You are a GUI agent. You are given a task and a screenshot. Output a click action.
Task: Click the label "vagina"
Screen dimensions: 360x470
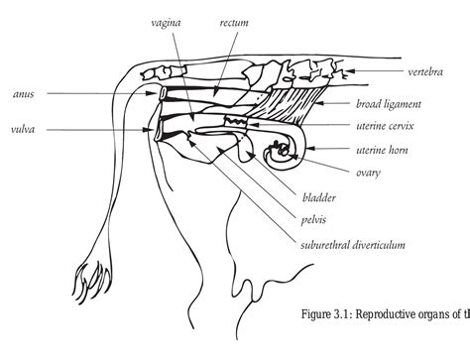167,20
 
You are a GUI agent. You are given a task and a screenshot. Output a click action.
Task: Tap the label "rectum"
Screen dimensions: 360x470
235,20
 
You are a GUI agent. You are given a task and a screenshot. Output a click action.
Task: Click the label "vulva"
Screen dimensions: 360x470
25,128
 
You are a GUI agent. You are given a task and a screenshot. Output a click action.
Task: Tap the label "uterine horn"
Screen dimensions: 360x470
385,150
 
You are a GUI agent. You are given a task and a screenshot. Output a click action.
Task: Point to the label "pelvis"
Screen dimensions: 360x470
314,219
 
